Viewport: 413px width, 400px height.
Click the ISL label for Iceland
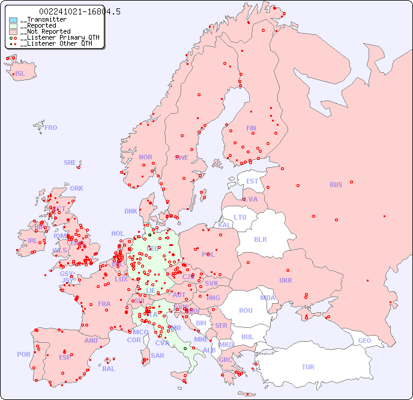coord(20,74)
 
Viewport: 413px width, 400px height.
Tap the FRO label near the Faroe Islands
coord(51,128)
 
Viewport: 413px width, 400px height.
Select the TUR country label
coord(308,367)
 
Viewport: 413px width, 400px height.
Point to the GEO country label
coord(364,340)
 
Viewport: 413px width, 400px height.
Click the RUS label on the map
coord(336,185)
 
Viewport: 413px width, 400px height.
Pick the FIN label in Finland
coord(251,128)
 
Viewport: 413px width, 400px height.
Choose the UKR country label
coord(286,280)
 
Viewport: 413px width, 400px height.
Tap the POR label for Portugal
coord(23,354)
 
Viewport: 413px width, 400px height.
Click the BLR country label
coord(260,239)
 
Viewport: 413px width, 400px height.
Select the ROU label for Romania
coord(246,310)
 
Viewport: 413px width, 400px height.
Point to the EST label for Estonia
coord(252,181)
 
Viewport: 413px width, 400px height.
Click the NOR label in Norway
coord(145,157)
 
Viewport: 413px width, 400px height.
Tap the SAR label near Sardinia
coord(158,355)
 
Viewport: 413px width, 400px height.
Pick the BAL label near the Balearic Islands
coord(109,369)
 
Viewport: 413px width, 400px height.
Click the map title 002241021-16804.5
coord(71,11)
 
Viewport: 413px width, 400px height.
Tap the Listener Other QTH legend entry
coord(56,43)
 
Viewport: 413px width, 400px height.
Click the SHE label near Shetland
coord(70,162)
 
